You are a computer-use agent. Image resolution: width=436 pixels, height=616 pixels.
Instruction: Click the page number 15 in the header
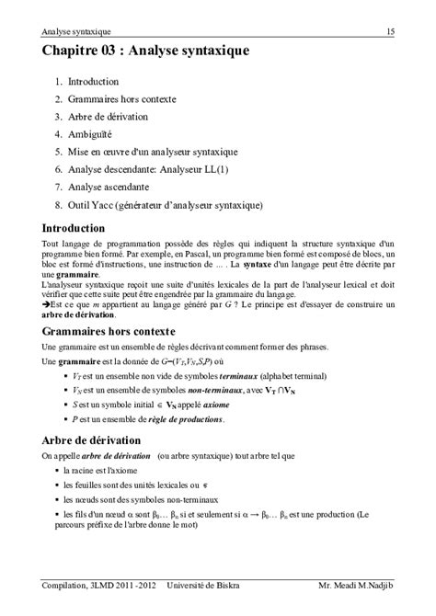390,32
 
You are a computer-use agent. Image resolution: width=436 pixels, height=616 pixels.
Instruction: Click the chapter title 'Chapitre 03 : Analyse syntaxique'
144,54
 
